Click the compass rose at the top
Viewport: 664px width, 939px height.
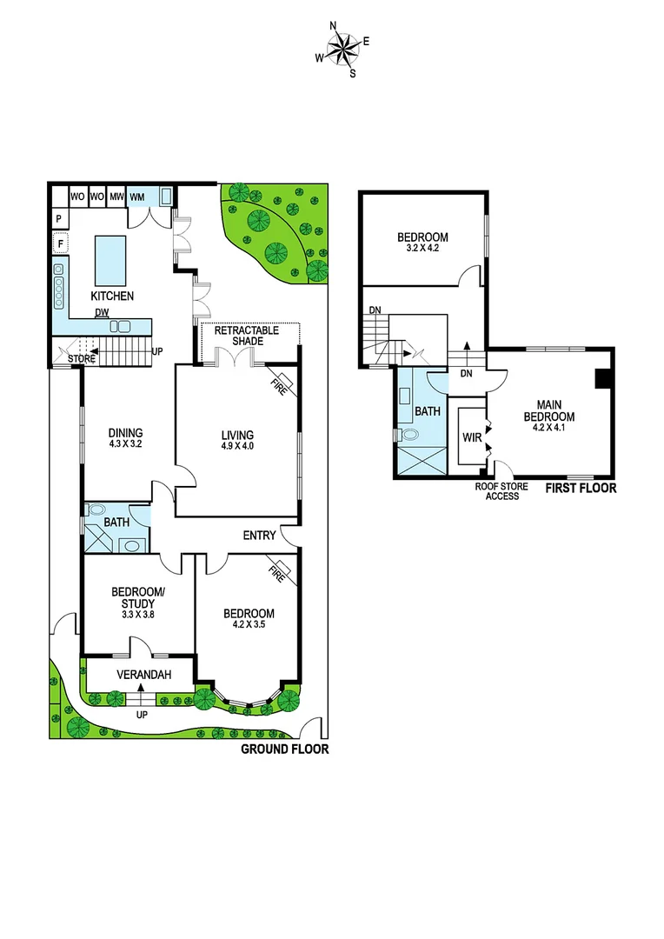(343, 49)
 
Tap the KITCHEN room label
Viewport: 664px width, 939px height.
(113, 296)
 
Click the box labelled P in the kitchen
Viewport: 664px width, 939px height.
(58, 218)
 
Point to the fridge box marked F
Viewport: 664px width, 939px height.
(61, 244)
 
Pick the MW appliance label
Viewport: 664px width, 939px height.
(116, 196)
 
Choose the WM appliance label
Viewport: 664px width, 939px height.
(136, 196)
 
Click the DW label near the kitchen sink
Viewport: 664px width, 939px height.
(103, 314)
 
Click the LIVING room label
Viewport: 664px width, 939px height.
(236, 435)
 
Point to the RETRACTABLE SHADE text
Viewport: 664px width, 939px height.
(247, 336)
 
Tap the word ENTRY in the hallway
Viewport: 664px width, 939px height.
(260, 535)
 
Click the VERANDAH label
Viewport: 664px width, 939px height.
(140, 675)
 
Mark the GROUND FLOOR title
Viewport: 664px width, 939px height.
(284, 749)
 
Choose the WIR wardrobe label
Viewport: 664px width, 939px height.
(472, 437)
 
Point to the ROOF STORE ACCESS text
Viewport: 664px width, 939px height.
(497, 491)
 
